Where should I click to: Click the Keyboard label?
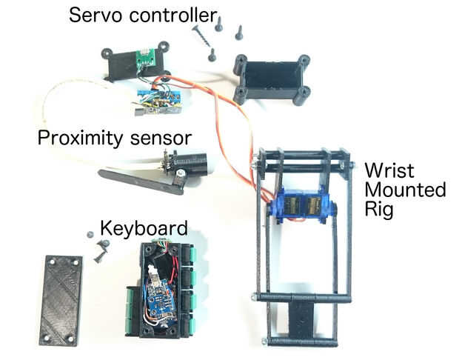144,227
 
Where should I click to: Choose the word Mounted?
404,190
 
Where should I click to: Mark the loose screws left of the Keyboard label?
97,249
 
